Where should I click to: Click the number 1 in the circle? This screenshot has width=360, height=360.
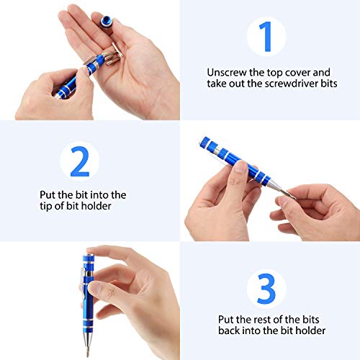click(x=266, y=37)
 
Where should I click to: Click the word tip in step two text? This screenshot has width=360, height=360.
click(x=48, y=206)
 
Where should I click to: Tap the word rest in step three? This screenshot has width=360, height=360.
click(x=254, y=319)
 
